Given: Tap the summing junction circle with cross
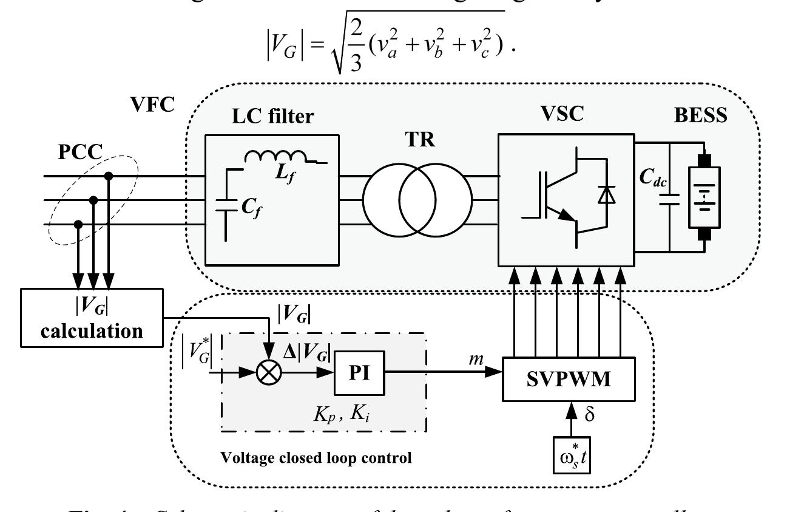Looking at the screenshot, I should [268, 372].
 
